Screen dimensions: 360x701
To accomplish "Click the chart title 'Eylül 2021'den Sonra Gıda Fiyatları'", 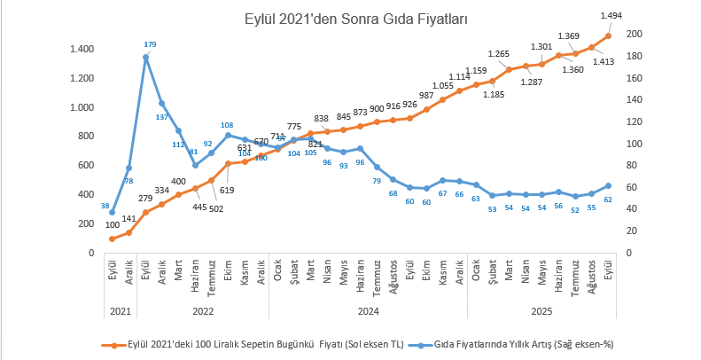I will coord(357,18).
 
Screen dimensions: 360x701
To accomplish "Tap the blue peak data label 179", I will coord(150,44).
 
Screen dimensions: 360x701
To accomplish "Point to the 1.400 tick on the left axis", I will coord(82,50).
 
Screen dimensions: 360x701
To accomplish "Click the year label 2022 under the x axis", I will coord(203,311).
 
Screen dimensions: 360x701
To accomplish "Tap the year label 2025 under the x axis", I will coord(543,311).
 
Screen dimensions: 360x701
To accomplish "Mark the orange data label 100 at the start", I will coord(112,225).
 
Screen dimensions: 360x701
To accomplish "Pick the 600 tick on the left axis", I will coord(85,166).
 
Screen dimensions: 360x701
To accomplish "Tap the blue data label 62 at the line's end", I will coord(607,200).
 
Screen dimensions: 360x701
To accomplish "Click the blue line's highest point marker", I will coord(145,57).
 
